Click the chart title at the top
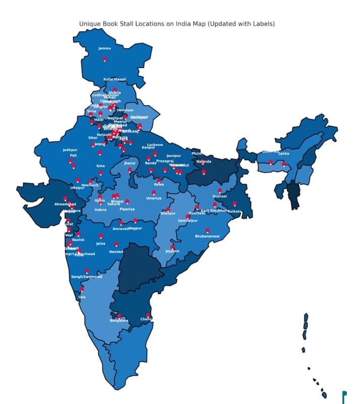(x=177, y=24)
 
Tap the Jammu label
(x=105, y=48)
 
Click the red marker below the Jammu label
(x=105, y=59)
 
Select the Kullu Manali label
(x=115, y=79)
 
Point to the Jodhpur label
(x=70, y=150)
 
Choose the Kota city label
(x=100, y=166)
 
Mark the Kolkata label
(x=235, y=211)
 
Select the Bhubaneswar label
(x=208, y=236)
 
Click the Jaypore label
(x=172, y=251)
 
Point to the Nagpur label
(x=135, y=228)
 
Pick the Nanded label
(x=116, y=251)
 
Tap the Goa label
(x=82, y=297)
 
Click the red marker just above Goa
(x=82, y=289)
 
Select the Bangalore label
(x=119, y=321)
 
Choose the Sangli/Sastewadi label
(x=86, y=277)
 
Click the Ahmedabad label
(x=65, y=204)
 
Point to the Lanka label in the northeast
(x=284, y=153)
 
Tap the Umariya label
(x=154, y=198)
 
